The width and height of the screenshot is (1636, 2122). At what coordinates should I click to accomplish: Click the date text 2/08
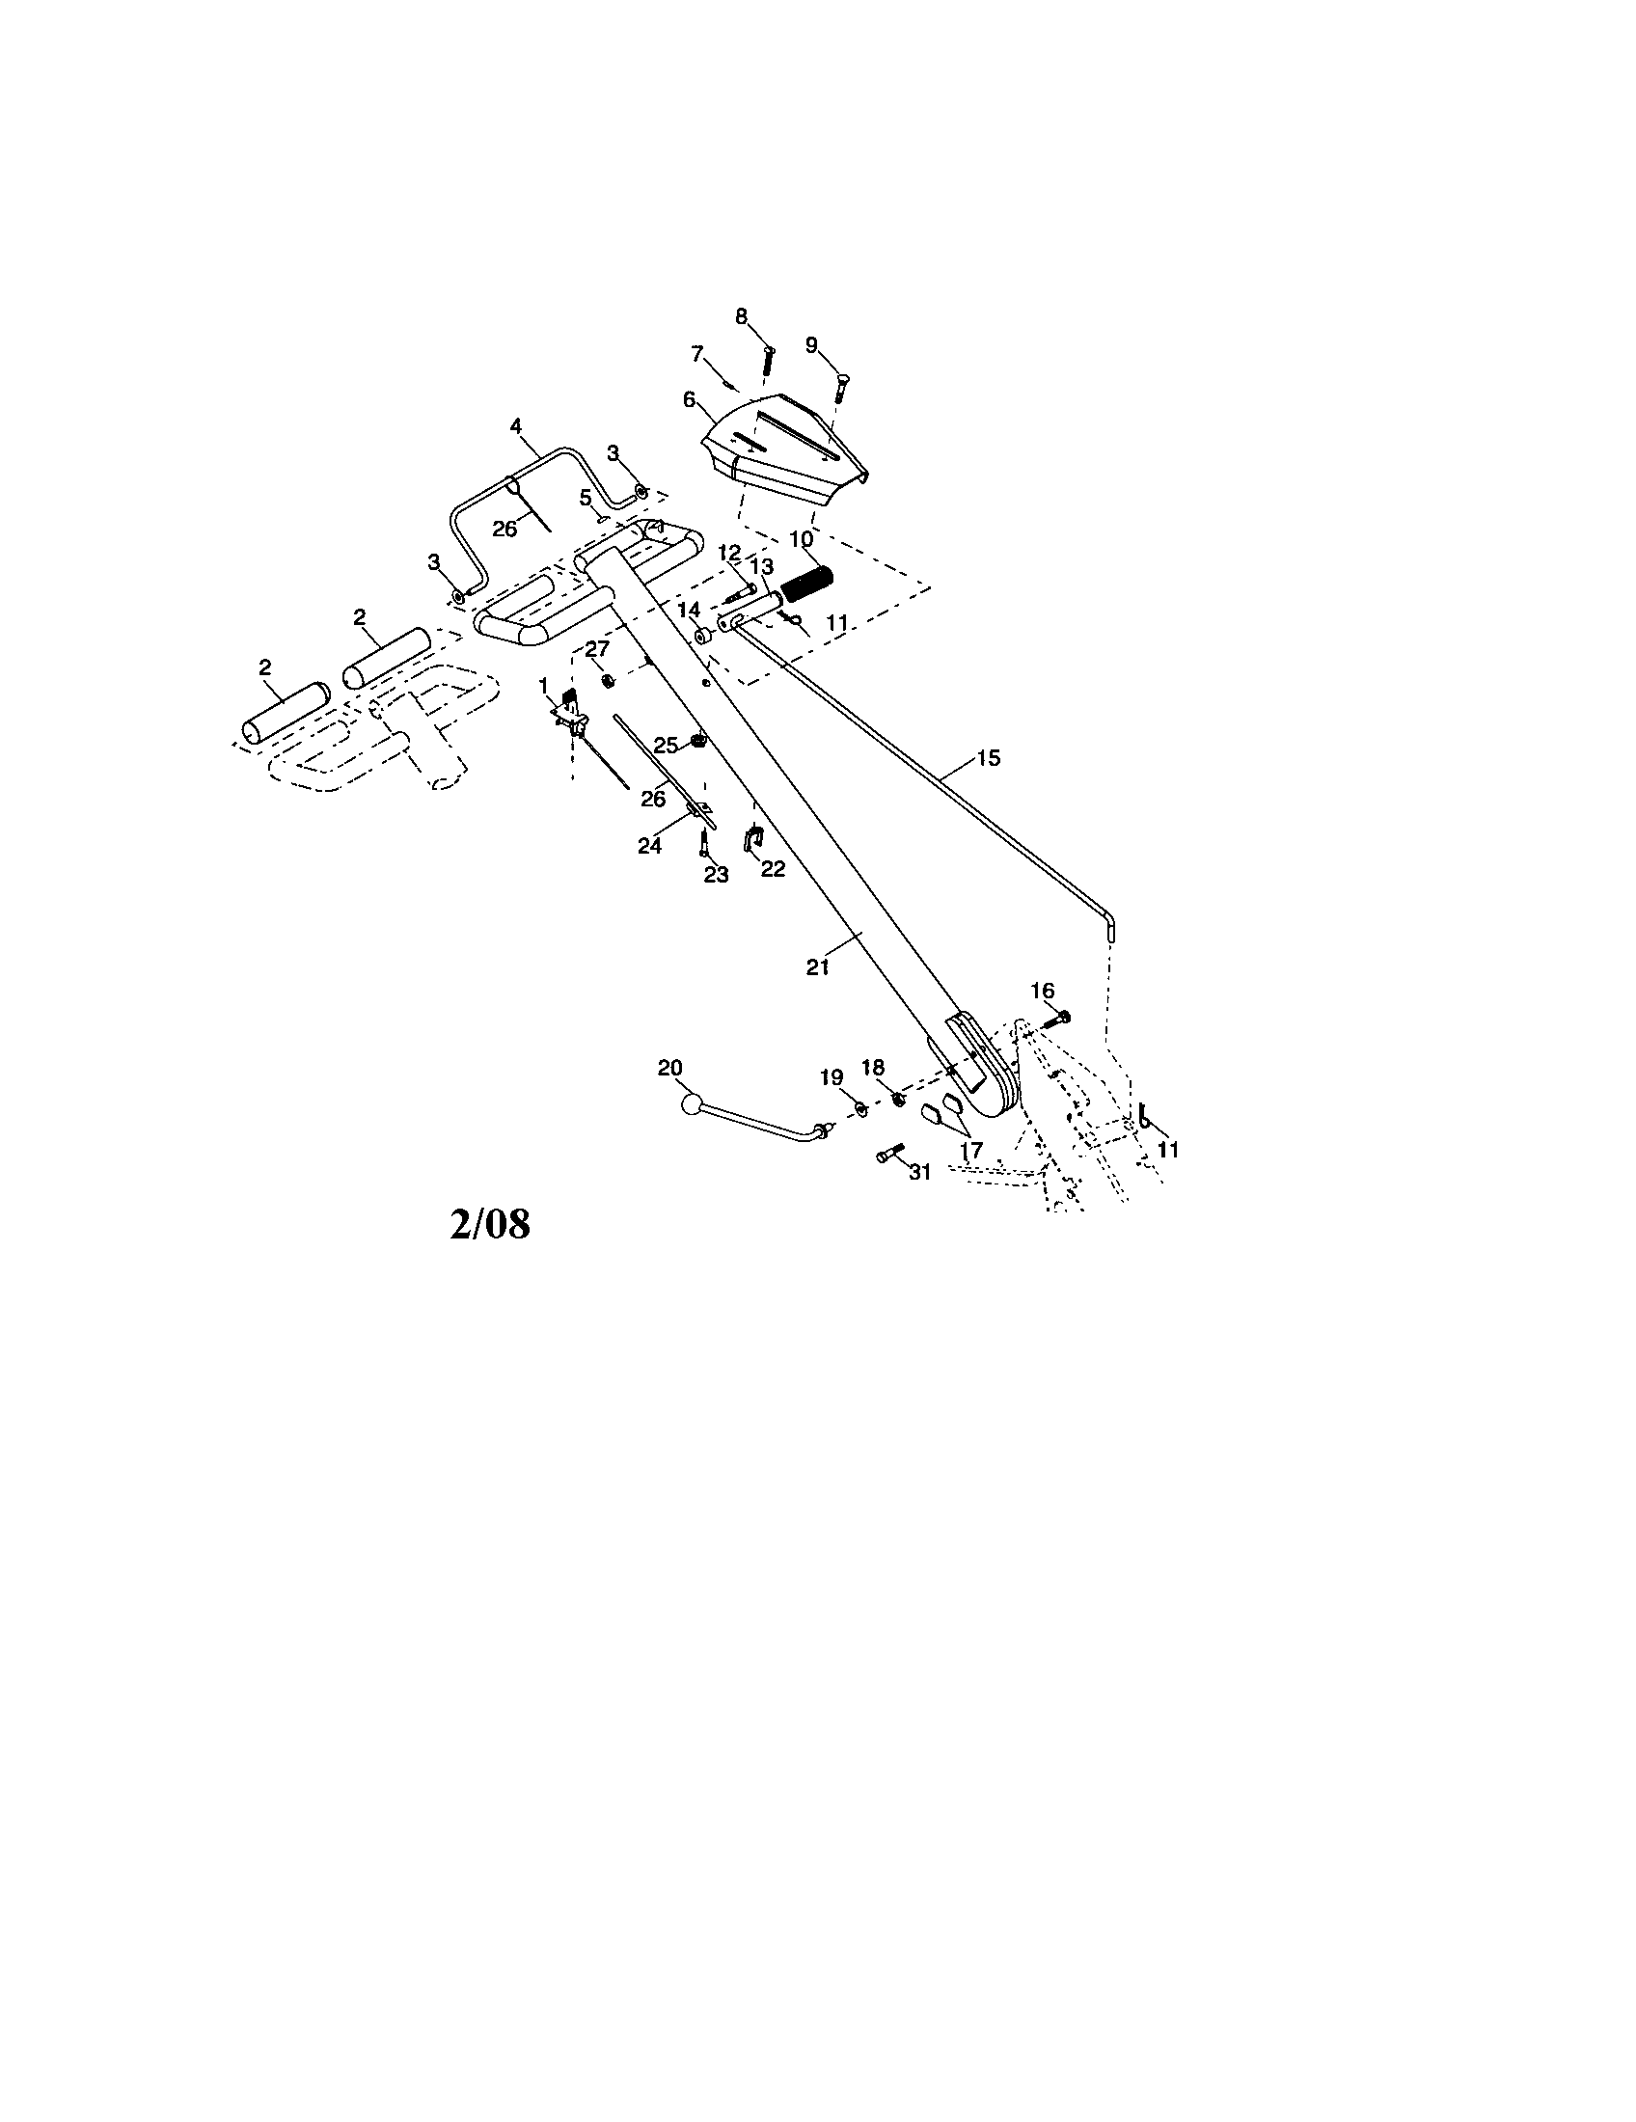490,1224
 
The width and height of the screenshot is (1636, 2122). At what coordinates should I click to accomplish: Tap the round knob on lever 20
691,1103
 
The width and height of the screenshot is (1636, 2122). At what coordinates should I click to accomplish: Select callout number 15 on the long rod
987,758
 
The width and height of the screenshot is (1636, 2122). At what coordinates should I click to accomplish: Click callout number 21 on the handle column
817,967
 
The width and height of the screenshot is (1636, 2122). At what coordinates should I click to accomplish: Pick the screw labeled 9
840,391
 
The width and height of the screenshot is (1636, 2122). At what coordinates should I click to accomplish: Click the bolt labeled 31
890,1154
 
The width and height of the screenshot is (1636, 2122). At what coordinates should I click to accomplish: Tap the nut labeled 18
899,1099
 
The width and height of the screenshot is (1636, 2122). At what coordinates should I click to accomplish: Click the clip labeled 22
753,837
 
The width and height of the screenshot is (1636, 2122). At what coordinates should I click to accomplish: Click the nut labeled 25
697,743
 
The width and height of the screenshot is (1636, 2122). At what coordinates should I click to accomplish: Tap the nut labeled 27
607,679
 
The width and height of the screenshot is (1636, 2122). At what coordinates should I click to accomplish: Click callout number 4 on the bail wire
516,425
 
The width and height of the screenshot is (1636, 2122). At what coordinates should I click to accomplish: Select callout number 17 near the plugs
970,1150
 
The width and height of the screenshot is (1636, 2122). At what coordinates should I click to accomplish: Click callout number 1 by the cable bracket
543,685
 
